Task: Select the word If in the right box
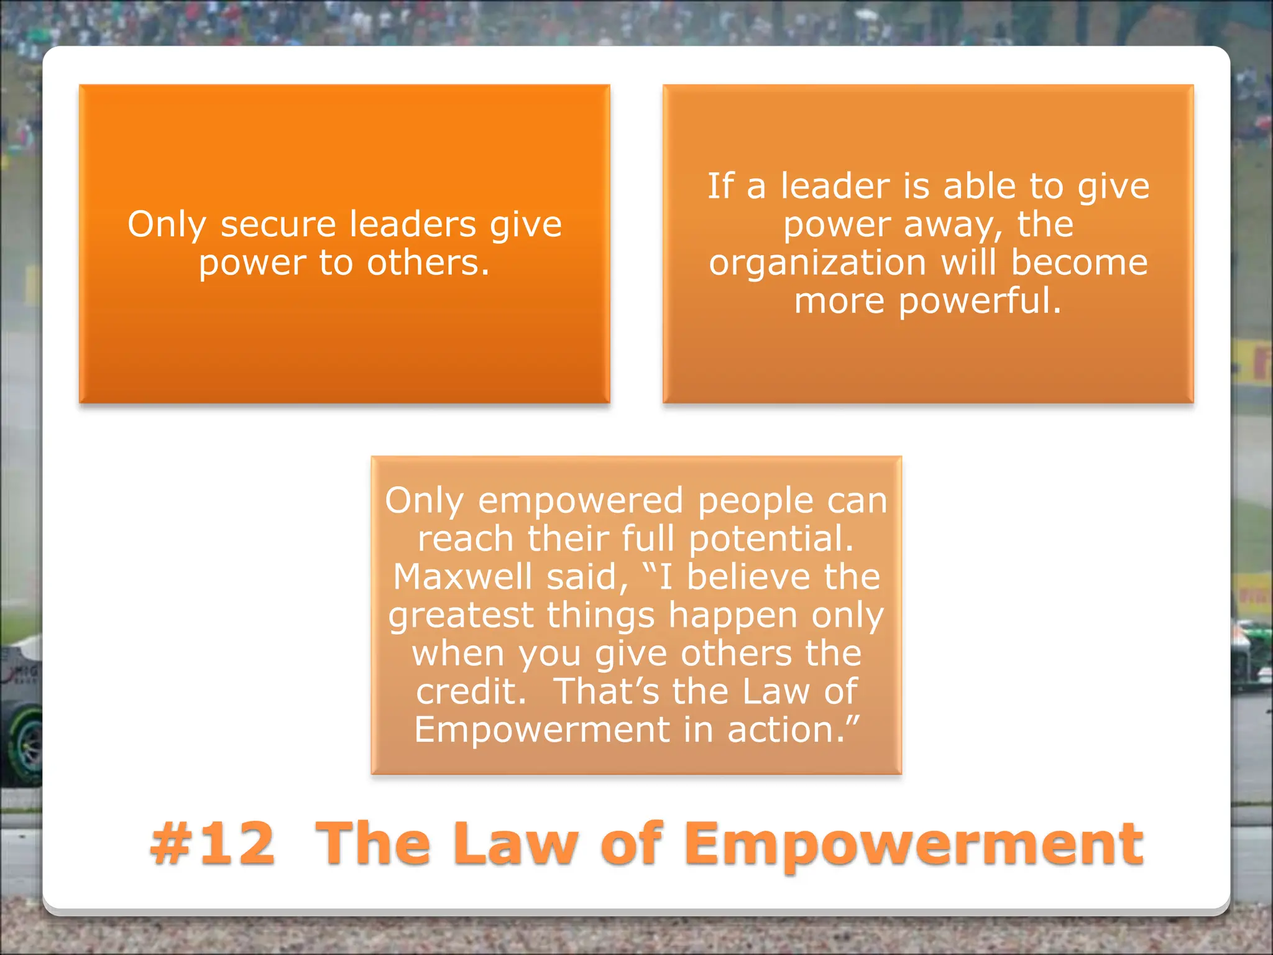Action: click(x=720, y=186)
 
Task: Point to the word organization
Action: click(x=817, y=263)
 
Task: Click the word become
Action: click(x=1079, y=263)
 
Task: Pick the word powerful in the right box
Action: click(x=980, y=302)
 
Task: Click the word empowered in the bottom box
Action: click(x=581, y=501)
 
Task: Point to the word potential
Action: click(x=771, y=538)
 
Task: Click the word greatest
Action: click(x=461, y=616)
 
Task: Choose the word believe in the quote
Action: click(x=748, y=577)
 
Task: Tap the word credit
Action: click(x=471, y=691)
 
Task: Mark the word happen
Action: click(x=732, y=616)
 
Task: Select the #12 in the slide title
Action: click(x=212, y=844)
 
